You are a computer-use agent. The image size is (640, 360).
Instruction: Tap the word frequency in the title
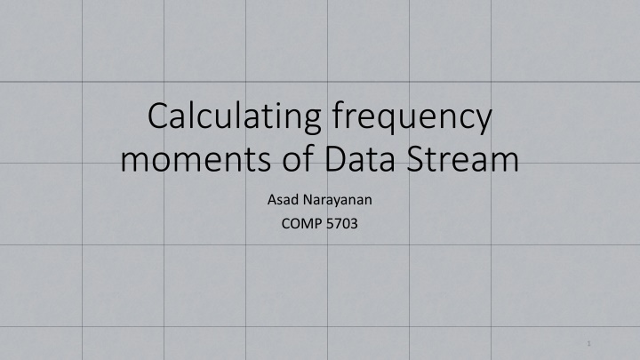coord(414,118)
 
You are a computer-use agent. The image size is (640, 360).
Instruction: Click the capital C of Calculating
coord(160,118)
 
